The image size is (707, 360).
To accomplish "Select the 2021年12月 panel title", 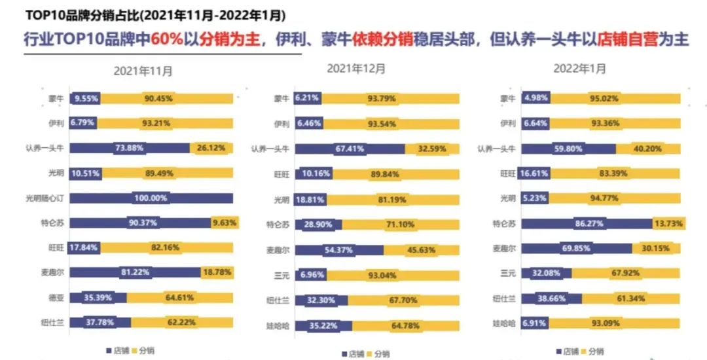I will click(356, 68).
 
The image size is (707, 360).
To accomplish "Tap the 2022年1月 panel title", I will click(579, 68).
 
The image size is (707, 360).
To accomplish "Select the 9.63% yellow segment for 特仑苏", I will click(223, 223).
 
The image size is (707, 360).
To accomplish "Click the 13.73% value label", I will click(666, 223).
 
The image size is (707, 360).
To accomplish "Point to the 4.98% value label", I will click(536, 98).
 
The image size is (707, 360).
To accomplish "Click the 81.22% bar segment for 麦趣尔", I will click(136, 272).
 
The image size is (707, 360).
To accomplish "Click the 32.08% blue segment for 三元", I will click(547, 273).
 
